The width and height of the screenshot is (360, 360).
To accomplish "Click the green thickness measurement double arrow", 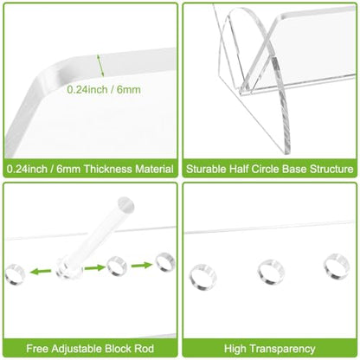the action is [x=100, y=66].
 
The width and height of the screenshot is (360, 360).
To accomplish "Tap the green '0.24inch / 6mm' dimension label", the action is [x=104, y=89].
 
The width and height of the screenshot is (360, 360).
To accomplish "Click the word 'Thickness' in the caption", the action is [x=108, y=169].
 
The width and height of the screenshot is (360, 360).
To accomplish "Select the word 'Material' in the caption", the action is [x=155, y=169].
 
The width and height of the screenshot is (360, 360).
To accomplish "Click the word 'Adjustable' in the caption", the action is [x=77, y=349].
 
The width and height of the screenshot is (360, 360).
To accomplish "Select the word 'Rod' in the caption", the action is [x=145, y=349].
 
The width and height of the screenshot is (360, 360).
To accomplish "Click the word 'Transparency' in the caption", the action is [x=281, y=349].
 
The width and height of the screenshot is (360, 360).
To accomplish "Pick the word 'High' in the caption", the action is [x=235, y=349].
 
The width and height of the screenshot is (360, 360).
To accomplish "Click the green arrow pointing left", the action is [x=41, y=271].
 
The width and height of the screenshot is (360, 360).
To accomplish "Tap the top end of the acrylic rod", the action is [x=126, y=203].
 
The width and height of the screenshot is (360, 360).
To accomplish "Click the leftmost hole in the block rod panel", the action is [x=15, y=274].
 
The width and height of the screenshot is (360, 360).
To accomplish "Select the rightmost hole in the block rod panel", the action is [x=165, y=262].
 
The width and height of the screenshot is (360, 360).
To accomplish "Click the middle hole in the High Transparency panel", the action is [x=271, y=273].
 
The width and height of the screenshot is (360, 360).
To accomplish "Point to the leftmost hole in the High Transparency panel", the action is [x=203, y=277].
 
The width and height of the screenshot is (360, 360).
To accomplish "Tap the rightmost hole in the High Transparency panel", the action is [x=337, y=267].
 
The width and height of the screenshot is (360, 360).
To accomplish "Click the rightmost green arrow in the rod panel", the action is [x=142, y=265].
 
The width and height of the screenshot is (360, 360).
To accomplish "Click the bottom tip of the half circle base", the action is [x=286, y=153].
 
